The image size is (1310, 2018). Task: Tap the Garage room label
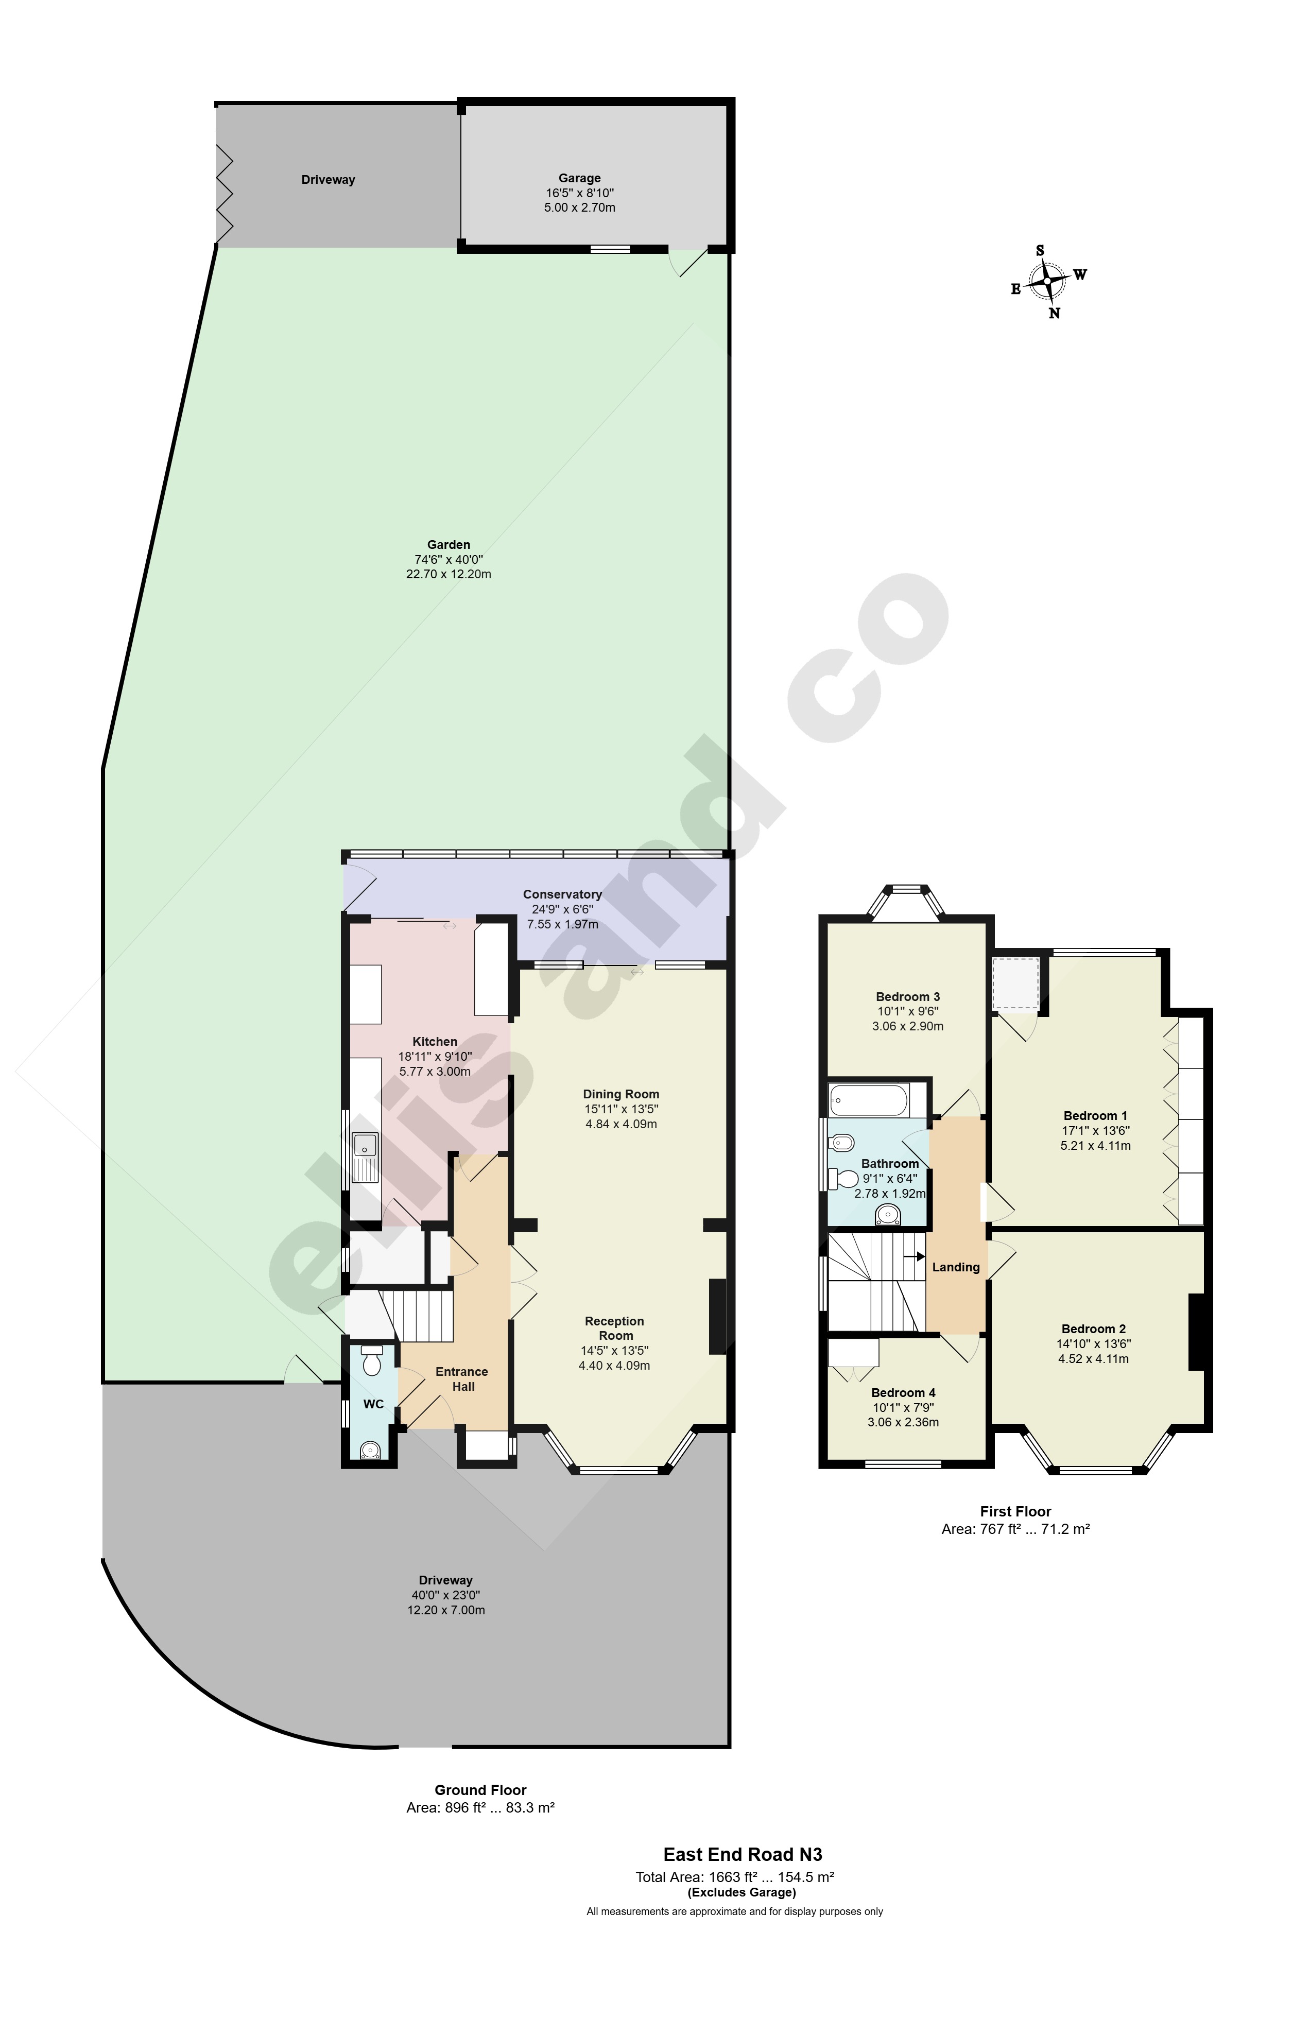click(579, 178)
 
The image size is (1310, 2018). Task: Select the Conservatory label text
click(562, 894)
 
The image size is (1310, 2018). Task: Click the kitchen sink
click(366, 1158)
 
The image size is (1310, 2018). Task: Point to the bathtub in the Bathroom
click(869, 1100)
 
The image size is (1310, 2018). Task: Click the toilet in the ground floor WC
click(371, 1364)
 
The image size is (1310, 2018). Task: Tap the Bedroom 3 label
click(907, 996)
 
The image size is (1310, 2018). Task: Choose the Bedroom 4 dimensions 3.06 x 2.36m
click(903, 1422)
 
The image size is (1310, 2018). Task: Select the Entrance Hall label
click(462, 1378)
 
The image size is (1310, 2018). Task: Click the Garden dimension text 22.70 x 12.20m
click(449, 574)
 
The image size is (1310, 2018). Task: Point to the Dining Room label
click(620, 1094)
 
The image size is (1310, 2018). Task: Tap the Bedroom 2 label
click(1093, 1329)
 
